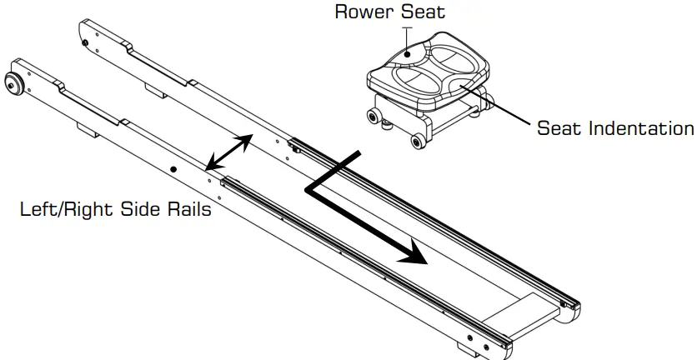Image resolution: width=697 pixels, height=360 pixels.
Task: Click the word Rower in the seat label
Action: pos(356,12)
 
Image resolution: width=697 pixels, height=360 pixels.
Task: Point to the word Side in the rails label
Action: pos(146,210)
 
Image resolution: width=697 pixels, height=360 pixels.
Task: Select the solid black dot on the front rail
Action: pos(173,169)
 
